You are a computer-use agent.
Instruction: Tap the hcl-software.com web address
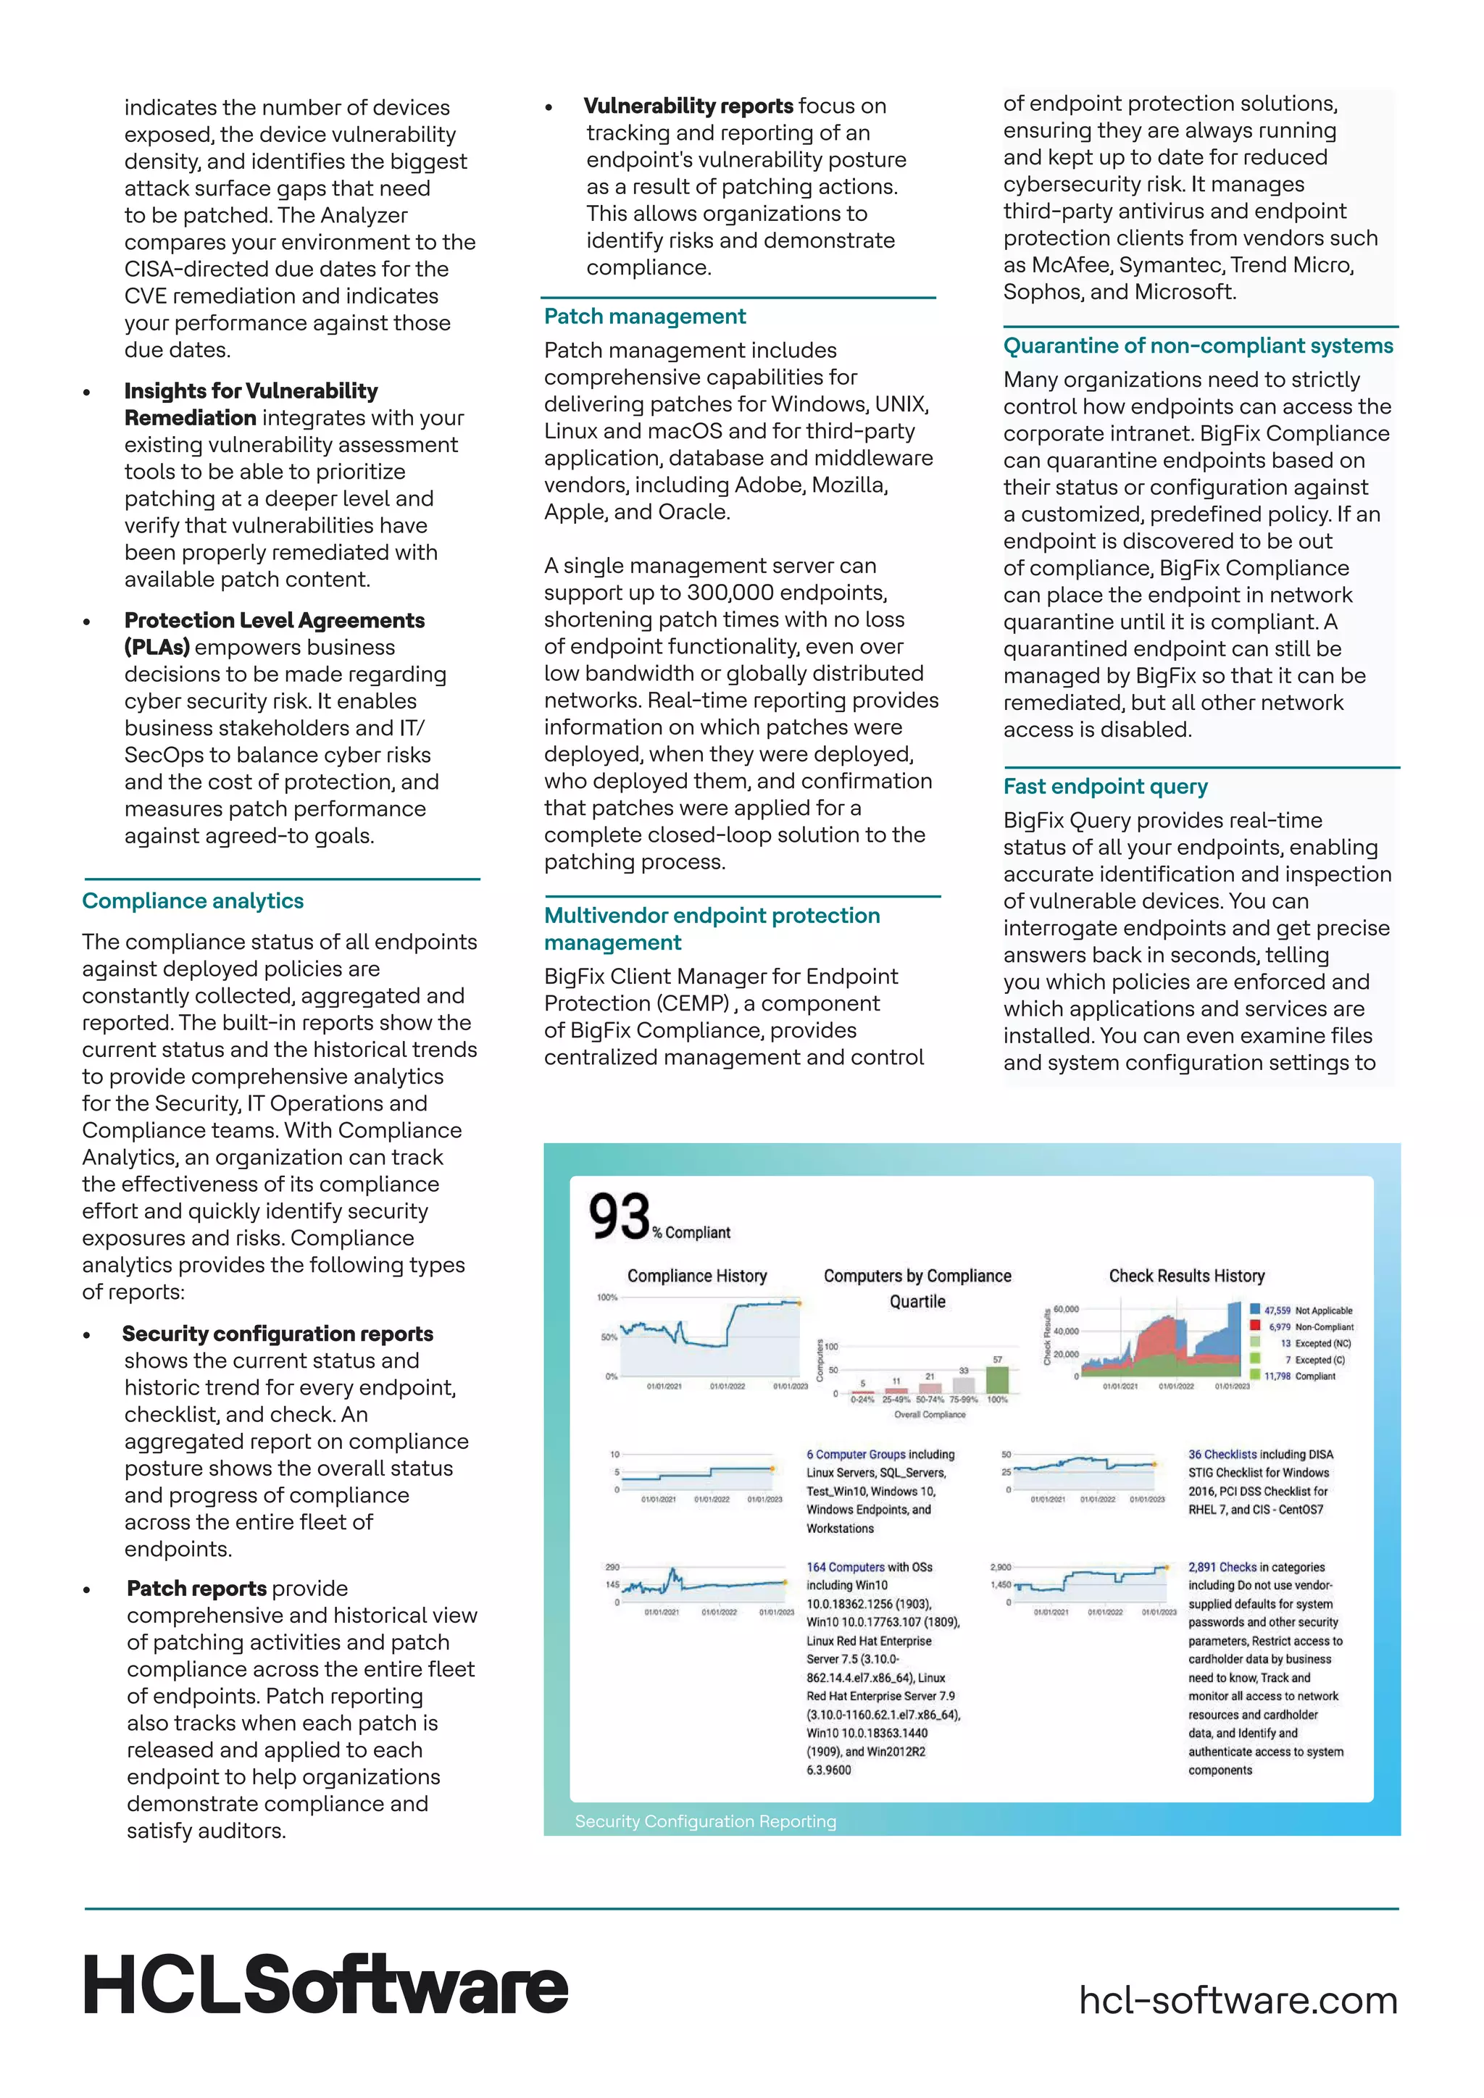coord(1238,2000)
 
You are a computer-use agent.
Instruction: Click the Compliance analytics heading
coord(193,901)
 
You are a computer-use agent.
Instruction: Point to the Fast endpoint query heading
coord(1105,787)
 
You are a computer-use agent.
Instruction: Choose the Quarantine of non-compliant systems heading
coord(1198,346)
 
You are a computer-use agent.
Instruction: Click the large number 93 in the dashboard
coord(619,1216)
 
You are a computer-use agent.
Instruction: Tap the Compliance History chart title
coord(696,1276)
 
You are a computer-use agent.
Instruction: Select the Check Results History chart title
coord(1186,1276)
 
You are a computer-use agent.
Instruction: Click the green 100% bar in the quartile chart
coord(997,1380)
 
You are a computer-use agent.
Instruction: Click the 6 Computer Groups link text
coord(855,1455)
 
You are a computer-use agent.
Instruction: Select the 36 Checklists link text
coord(1222,1455)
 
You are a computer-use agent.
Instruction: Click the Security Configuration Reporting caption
coord(706,1821)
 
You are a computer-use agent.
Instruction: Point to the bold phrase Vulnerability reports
coord(688,106)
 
